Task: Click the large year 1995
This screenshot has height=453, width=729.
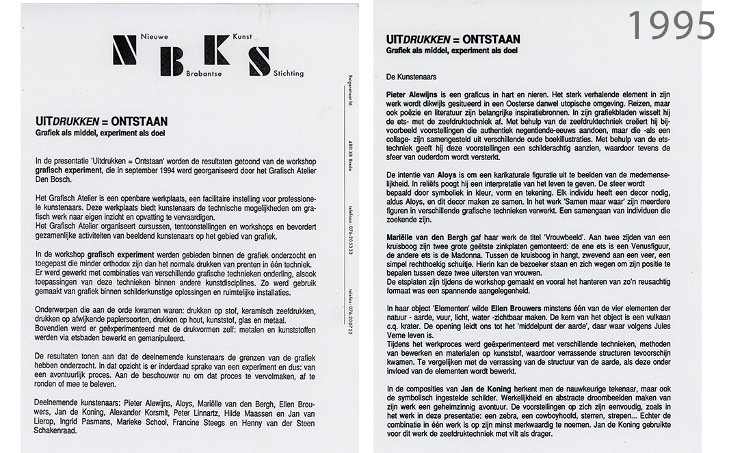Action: [x=671, y=25]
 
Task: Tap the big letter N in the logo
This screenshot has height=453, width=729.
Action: [x=124, y=51]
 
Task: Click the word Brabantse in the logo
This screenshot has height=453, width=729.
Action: [x=203, y=73]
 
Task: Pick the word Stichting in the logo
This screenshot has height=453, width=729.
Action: [x=288, y=73]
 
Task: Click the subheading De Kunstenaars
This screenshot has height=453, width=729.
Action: [x=411, y=77]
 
